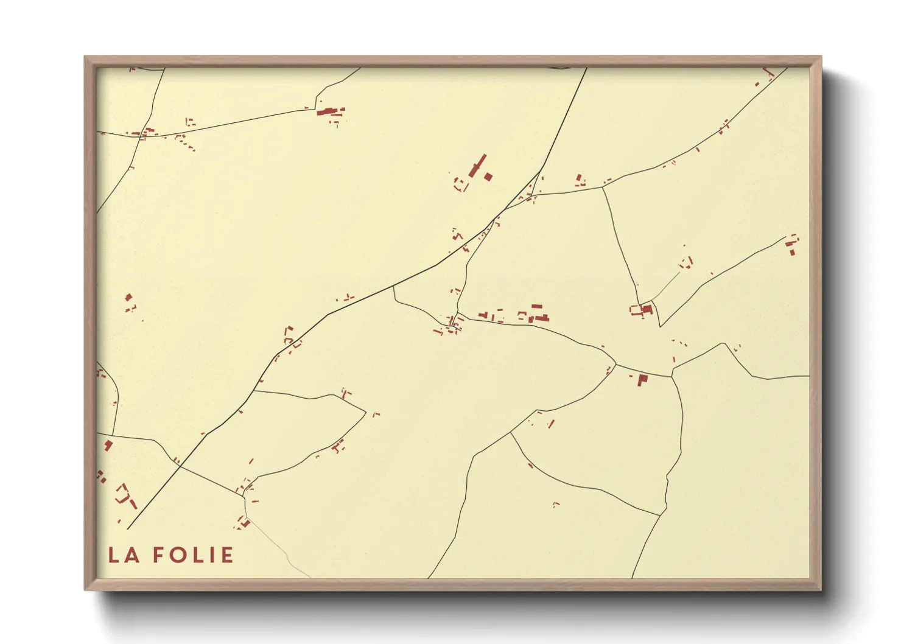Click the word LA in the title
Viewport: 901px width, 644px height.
point(124,555)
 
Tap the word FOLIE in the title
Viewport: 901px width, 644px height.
point(192,555)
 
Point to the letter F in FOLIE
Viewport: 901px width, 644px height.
point(158,555)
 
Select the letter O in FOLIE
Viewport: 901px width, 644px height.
point(177,555)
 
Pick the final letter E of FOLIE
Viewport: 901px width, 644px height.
point(226,555)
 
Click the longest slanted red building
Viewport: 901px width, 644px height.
point(478,165)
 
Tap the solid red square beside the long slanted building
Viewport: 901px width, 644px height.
point(488,177)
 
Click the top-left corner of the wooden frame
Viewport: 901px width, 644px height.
point(85,57)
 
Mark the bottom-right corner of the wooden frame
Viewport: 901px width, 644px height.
point(821,589)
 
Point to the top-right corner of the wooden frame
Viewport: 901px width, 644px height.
point(821,57)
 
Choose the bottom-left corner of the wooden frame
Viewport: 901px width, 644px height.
point(85,589)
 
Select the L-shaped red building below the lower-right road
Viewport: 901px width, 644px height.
point(642,380)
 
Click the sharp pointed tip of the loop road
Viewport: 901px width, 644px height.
point(365,412)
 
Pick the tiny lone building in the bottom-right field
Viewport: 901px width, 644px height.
point(555,504)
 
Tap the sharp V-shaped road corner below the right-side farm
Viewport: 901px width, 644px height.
point(660,326)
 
